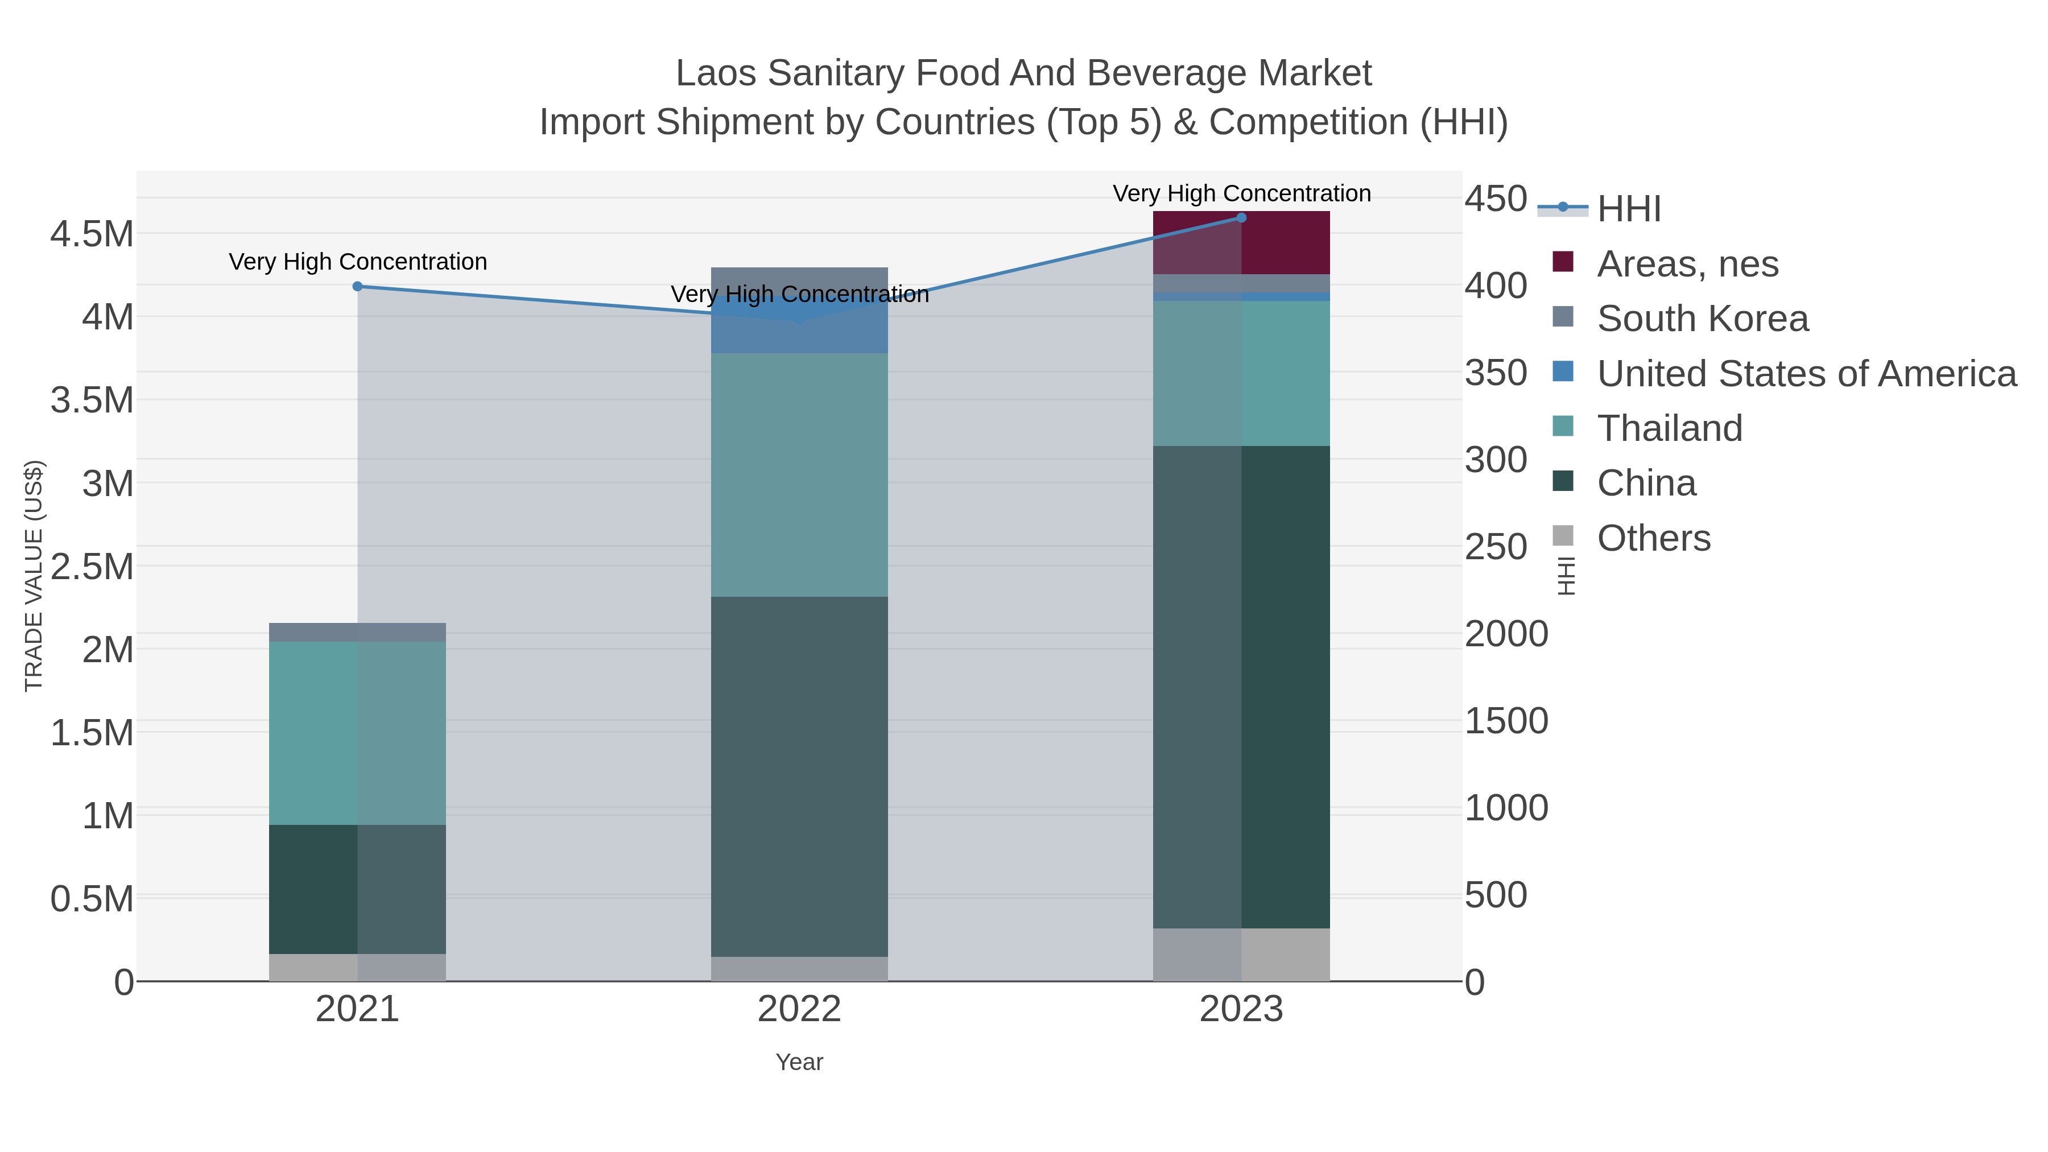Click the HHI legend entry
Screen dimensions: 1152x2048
1628,209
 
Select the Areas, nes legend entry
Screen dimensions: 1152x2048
1687,264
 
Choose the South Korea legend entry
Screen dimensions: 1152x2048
1702,319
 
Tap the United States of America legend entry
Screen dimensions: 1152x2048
1806,374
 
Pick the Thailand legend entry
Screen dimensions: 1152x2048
1670,428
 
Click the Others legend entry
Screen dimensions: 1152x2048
1654,538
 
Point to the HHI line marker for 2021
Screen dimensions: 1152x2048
358,286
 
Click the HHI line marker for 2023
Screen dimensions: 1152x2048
1241,218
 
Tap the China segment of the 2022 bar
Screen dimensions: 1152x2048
799,776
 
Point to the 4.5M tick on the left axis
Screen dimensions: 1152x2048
92,234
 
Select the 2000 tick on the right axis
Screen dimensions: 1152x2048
1506,634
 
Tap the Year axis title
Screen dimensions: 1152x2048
799,1062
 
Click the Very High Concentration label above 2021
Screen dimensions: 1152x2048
358,262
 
